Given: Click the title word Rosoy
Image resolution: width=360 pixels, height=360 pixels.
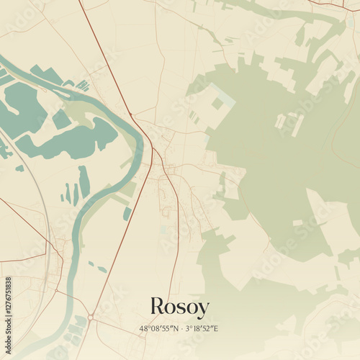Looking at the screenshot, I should tap(179, 307).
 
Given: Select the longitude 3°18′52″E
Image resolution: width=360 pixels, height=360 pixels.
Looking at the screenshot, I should tap(202, 328).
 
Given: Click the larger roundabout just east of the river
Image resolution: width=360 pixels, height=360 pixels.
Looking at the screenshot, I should tap(91, 317).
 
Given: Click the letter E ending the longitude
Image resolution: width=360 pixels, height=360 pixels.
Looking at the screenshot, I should tap(215, 328).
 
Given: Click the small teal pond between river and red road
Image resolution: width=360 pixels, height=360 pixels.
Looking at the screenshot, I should tap(127, 213).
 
